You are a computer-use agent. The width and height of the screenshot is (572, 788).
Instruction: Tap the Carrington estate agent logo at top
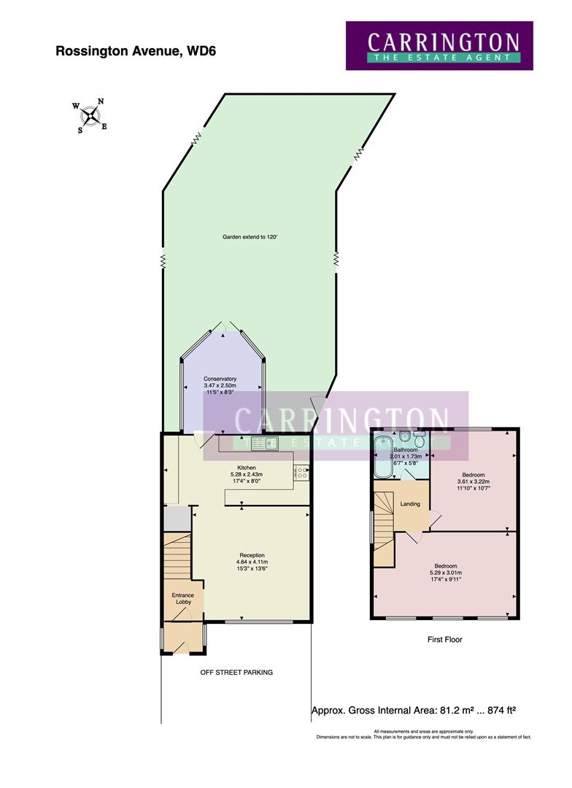point(439,45)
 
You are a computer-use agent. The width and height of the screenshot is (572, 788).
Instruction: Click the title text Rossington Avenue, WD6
point(136,51)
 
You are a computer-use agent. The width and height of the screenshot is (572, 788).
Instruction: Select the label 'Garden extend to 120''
point(250,237)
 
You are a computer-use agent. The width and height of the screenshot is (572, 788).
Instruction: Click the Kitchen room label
point(246,468)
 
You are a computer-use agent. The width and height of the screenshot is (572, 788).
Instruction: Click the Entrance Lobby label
point(182,598)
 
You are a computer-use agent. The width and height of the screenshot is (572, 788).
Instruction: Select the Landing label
point(410,503)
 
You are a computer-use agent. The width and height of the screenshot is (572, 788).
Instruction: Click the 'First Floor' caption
point(444,639)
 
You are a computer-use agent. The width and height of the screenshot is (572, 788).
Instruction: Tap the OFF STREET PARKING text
point(236,672)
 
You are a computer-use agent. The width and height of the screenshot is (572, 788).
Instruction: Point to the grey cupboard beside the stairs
point(175,519)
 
